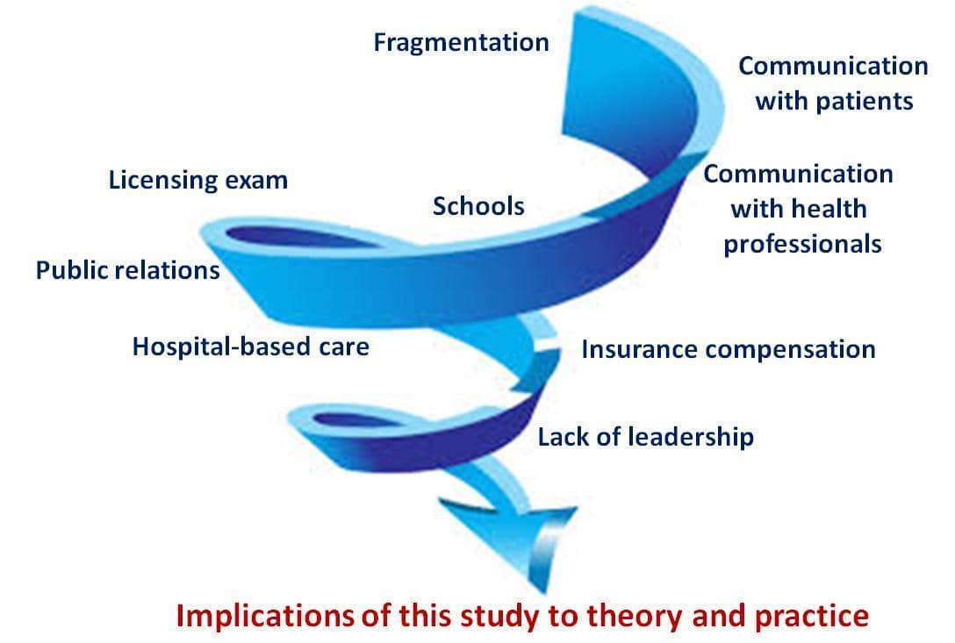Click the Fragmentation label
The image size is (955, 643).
(x=461, y=43)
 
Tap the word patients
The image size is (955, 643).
(x=865, y=101)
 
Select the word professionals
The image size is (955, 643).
(x=802, y=244)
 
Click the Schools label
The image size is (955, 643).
(x=478, y=206)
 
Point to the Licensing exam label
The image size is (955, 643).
(x=198, y=181)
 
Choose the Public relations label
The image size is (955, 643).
(x=128, y=270)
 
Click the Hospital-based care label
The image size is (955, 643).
(x=251, y=347)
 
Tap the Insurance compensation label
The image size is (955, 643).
(x=729, y=350)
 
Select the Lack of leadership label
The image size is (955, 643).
(x=646, y=437)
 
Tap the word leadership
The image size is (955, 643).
(x=691, y=437)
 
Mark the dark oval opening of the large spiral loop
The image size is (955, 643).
(x=298, y=237)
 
